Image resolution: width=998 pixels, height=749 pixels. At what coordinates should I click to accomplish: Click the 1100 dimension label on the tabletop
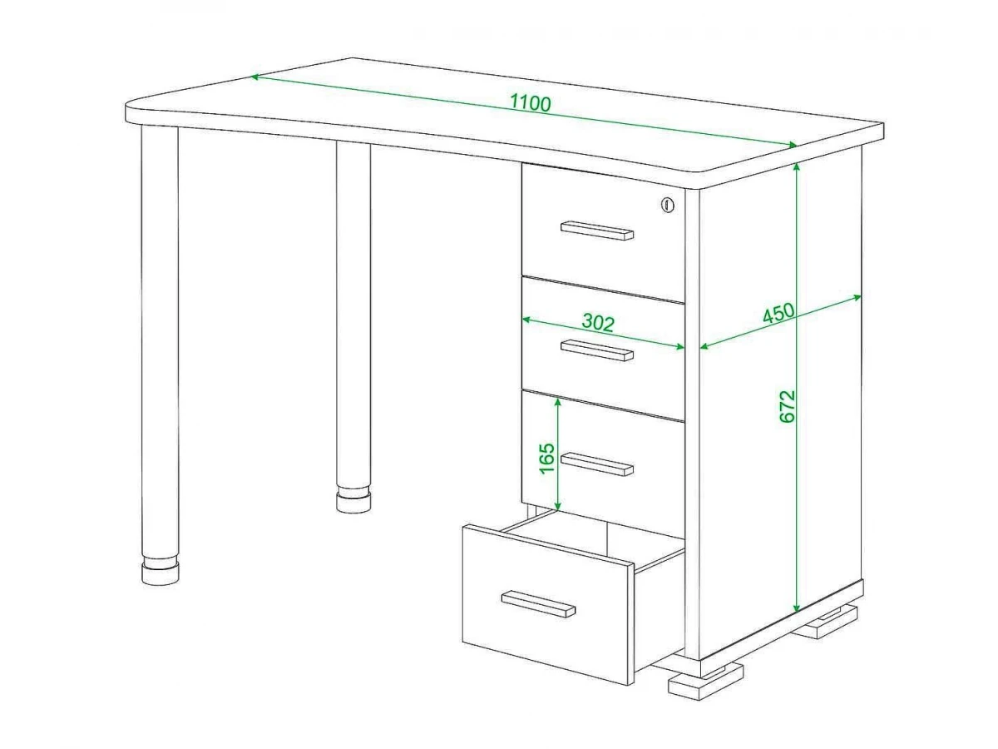coord(530,102)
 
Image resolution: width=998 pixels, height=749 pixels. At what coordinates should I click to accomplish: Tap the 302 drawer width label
coord(598,322)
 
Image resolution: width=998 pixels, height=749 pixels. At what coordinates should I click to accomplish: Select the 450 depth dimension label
coord(778,313)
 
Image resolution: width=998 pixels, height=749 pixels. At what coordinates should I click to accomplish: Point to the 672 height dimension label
coord(788,406)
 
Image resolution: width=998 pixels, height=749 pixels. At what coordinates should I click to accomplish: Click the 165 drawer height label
coord(547,458)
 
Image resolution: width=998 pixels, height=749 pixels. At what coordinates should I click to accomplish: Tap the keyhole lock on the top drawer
coord(668,205)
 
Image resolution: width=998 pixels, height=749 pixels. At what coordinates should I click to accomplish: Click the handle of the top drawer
coord(596,231)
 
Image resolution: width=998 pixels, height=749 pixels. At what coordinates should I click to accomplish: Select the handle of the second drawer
coord(596,350)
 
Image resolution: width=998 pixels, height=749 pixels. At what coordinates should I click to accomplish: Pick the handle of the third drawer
coord(596,464)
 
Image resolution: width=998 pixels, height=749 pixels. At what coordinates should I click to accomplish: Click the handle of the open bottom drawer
coord(538,604)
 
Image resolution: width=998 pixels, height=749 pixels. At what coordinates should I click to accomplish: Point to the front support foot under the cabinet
coord(705,682)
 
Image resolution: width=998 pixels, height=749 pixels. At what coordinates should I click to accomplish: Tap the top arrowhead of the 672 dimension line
coord(796,167)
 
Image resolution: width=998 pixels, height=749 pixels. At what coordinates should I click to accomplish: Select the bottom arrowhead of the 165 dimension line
coord(558,506)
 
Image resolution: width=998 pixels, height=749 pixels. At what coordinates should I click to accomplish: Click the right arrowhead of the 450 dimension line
coord(857,297)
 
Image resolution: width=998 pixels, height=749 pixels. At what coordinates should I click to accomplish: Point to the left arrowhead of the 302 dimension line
coord(526,320)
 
